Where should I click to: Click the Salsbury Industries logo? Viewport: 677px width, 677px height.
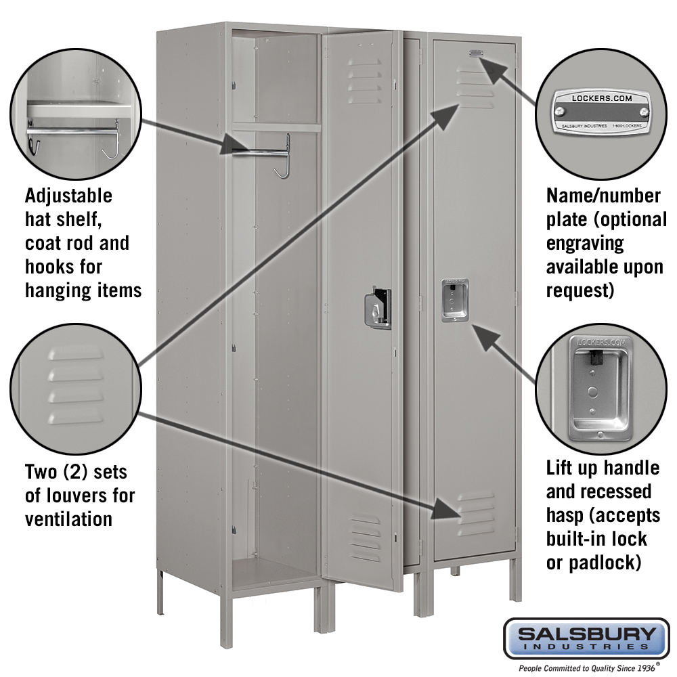(x=586, y=638)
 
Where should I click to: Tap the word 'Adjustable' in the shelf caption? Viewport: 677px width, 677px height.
(x=68, y=196)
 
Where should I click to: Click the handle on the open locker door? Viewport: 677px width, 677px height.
(x=378, y=308)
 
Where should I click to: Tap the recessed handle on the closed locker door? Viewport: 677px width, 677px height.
(x=455, y=300)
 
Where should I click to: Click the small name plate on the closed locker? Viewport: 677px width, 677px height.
(x=474, y=53)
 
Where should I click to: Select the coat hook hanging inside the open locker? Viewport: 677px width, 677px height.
(x=284, y=158)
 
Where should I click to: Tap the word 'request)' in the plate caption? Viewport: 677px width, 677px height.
(x=580, y=290)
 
